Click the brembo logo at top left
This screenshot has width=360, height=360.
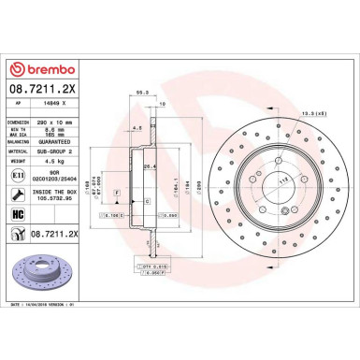(x=38, y=68)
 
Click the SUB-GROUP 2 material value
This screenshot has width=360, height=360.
(x=78, y=150)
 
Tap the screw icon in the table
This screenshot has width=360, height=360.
(x=20, y=194)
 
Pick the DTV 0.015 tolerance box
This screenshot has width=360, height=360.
(x=154, y=266)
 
